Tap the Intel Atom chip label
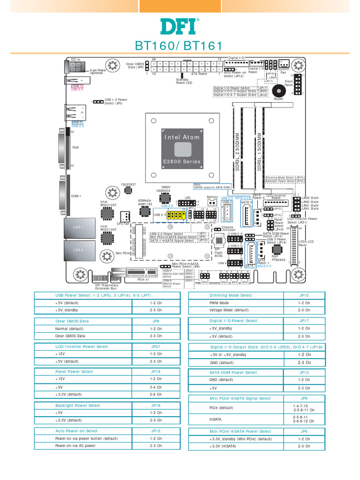(181, 137)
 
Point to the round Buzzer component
(278, 91)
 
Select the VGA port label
(75, 147)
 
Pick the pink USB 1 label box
(77, 86)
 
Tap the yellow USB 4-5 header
(177, 215)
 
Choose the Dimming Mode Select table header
(230, 295)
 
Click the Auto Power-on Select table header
(76, 431)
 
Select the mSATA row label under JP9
(215, 419)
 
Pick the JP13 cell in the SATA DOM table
(304, 373)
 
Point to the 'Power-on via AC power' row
(75, 446)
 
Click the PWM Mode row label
(219, 303)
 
